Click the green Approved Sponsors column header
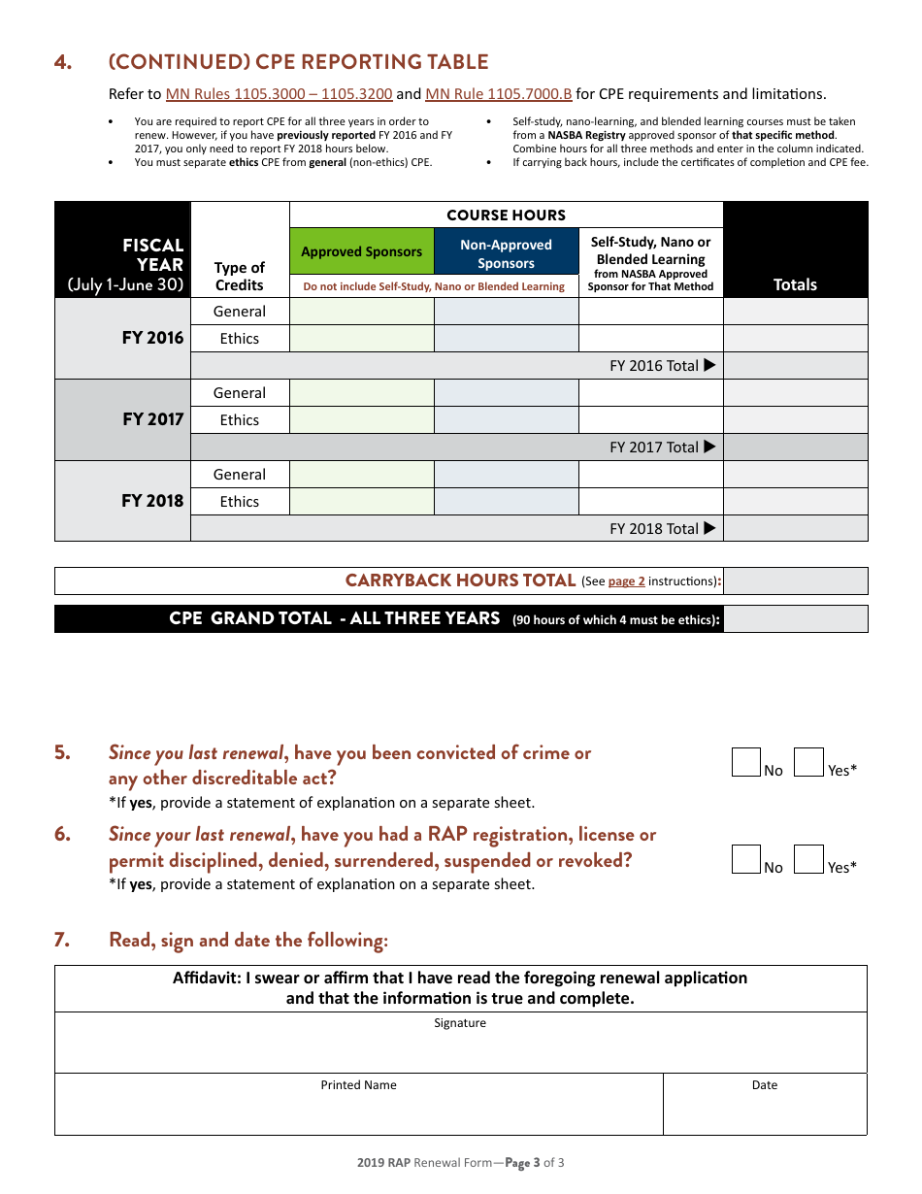tap(361, 251)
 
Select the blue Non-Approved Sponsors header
tap(506, 253)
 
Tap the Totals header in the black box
tap(795, 284)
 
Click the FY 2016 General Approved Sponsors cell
tap(361, 312)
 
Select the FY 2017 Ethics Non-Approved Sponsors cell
tap(506, 420)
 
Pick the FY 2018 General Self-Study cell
tap(650, 475)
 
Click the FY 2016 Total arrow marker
tap(709, 365)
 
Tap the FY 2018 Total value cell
tap(795, 528)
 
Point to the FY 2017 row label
tap(152, 419)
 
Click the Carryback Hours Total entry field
tap(795, 580)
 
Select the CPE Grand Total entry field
tap(795, 619)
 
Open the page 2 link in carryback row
tap(626, 581)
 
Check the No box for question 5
tap(746, 762)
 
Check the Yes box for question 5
tap(808, 762)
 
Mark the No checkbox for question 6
tap(746, 859)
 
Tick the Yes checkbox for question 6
tap(808, 859)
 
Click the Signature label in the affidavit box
tap(460, 1023)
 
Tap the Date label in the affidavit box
tap(765, 1085)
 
